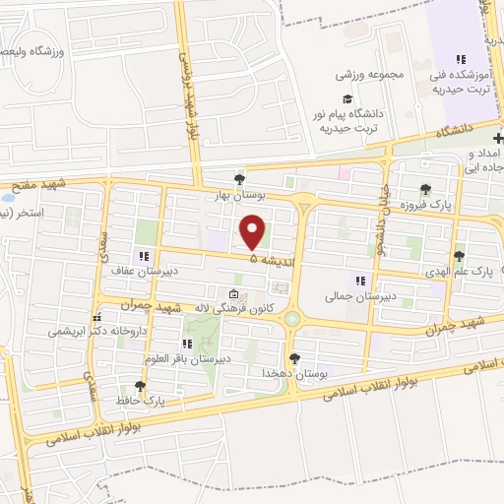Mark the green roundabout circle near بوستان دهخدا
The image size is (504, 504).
(x=292, y=319)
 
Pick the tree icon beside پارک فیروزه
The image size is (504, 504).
(x=424, y=189)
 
